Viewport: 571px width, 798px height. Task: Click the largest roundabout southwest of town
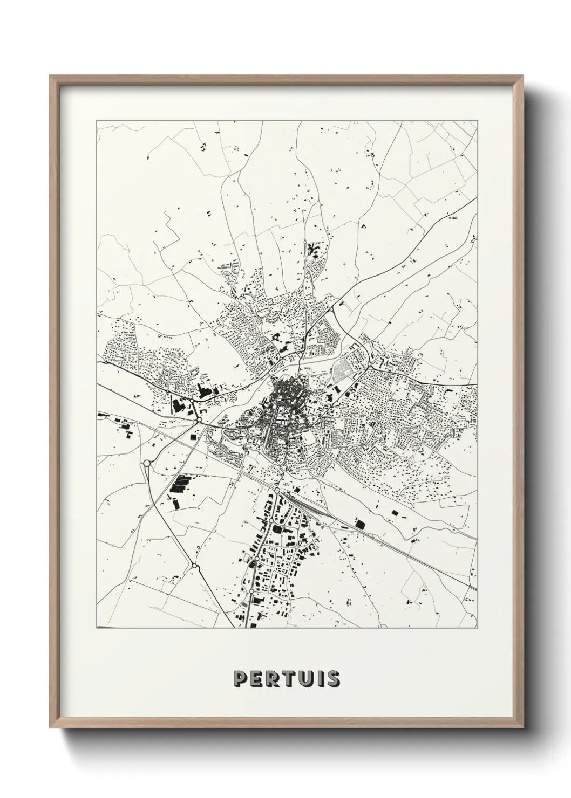click(146, 463)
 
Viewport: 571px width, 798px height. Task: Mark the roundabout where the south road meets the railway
click(276, 491)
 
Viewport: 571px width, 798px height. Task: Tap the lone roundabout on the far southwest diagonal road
click(193, 566)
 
